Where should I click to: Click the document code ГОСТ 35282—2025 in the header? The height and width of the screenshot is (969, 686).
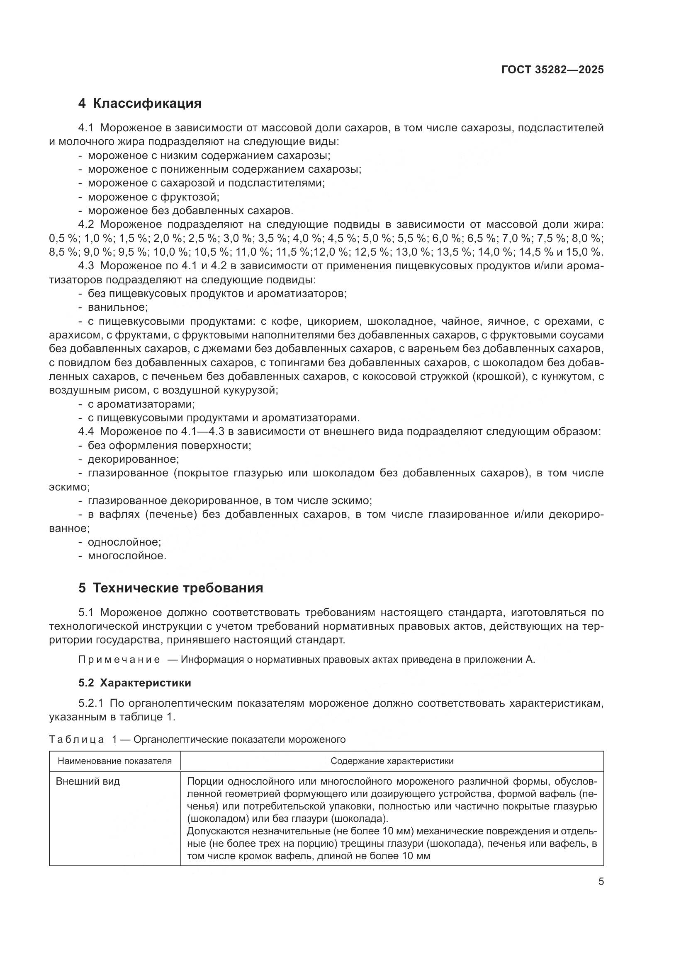tap(552, 70)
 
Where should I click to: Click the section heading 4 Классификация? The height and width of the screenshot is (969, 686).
tap(140, 104)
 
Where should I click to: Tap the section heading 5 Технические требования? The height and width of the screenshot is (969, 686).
tap(170, 588)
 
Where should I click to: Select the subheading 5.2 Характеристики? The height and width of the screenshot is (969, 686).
tap(135, 683)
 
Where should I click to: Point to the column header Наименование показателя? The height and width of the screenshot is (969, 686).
tap(114, 761)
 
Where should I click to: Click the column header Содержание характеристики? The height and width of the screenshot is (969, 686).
tap(392, 761)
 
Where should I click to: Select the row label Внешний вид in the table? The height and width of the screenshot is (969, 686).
tap(88, 781)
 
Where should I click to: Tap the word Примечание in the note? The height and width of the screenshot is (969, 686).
tap(119, 660)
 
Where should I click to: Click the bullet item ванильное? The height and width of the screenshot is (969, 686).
tap(118, 307)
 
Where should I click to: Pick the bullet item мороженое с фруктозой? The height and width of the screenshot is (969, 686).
tap(153, 197)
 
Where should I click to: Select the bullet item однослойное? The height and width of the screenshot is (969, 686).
tap(124, 542)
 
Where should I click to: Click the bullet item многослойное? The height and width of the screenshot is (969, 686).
tap(127, 556)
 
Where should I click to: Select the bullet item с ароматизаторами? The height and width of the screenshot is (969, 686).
tap(141, 404)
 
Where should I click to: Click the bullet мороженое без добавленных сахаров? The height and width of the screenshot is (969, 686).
tap(190, 210)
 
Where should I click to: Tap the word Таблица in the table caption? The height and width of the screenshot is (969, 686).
tap(76, 740)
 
